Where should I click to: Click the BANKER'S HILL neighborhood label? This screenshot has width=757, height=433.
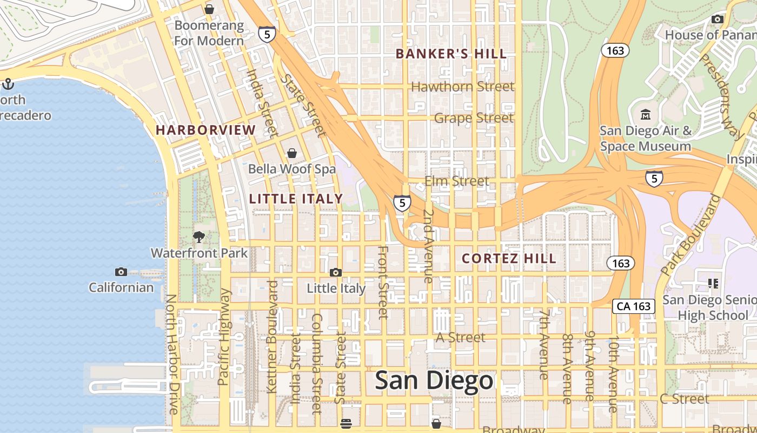coord(451,54)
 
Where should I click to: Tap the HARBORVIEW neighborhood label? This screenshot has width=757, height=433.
coord(205,130)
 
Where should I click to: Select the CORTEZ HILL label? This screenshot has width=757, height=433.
coord(509,259)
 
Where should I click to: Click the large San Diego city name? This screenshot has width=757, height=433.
coord(434,380)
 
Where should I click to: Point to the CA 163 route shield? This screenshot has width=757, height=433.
coord(634,306)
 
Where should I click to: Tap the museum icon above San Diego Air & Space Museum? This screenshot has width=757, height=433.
coord(645,115)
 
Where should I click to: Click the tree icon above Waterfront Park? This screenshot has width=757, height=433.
coord(199,237)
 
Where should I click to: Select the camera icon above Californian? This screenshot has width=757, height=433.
coord(121,272)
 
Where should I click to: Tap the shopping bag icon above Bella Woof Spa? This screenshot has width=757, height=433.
coord(292,153)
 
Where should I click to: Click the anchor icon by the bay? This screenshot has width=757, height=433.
coord(8,84)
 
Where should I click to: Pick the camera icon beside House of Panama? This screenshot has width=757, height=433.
coord(718,19)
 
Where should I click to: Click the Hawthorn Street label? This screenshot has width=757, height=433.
coord(462,87)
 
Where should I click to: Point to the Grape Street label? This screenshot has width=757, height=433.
coord(474,118)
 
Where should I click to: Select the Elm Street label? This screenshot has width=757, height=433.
coord(456,181)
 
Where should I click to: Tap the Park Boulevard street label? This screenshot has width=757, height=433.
coord(691,235)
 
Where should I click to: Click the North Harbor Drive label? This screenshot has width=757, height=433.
coord(171,354)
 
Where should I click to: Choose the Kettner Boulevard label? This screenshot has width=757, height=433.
coord(272,337)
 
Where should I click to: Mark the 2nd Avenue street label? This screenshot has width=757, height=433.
coord(428,246)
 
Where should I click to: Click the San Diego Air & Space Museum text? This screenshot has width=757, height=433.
coord(645,139)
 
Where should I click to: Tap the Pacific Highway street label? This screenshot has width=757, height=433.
coord(224,337)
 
